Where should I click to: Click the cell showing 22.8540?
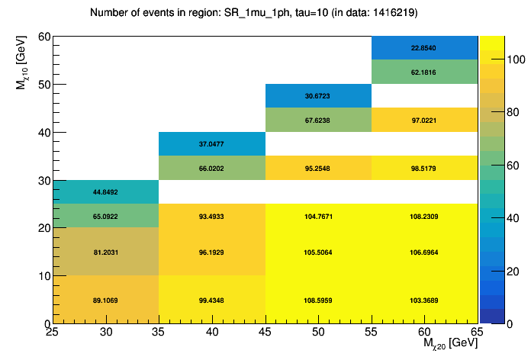[x=425, y=48]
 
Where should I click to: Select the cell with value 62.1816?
[x=425, y=72]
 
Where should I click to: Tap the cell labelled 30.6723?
[x=318, y=96]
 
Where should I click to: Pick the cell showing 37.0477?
[x=211, y=144]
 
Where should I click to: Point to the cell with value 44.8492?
[x=105, y=192]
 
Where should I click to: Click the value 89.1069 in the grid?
[x=105, y=301]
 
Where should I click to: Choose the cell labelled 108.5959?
[x=318, y=301]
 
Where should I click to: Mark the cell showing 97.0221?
[x=425, y=120]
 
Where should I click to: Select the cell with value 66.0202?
[x=211, y=168]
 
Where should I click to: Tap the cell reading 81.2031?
[x=105, y=252]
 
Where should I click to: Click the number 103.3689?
[x=425, y=301]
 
